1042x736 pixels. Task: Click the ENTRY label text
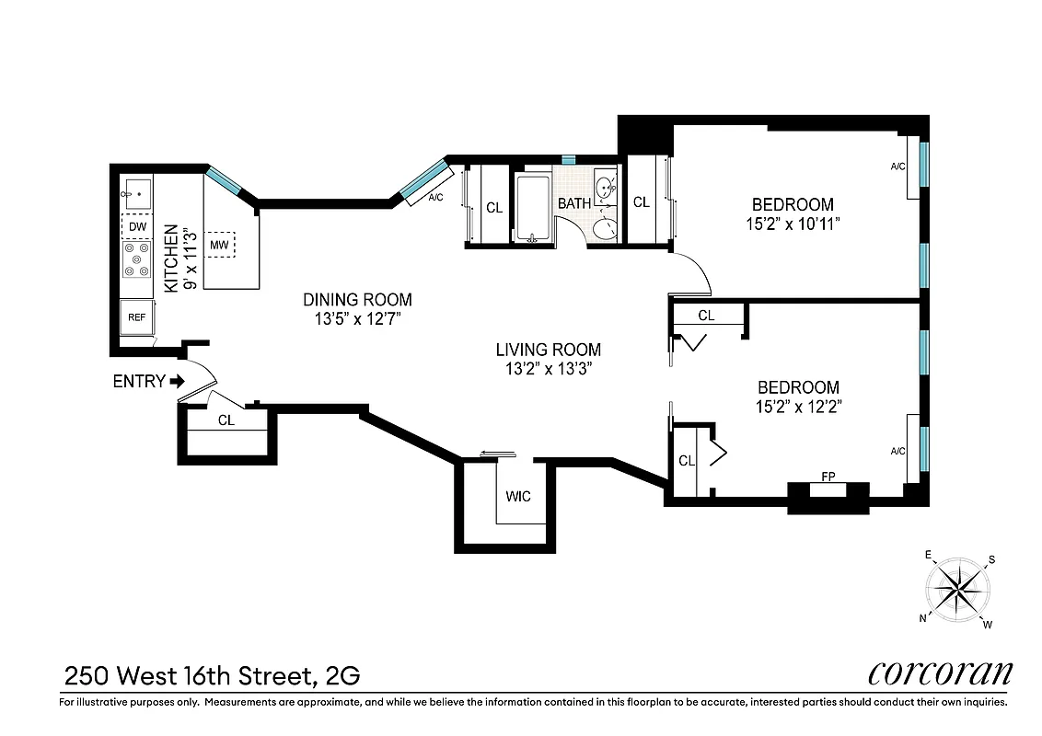pos(138,381)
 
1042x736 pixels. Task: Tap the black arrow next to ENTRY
pos(178,381)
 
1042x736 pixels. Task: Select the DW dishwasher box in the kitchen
pos(137,226)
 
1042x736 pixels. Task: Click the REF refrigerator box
pos(137,317)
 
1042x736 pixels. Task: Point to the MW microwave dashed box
pos(219,245)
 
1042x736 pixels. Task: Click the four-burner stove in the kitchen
pos(137,259)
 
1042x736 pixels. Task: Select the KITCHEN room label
pos(170,259)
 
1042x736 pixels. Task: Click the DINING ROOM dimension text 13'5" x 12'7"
pos(357,318)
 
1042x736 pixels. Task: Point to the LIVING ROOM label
pos(548,350)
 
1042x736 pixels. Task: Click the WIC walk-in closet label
pos(518,497)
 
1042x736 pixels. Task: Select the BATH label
pos(574,202)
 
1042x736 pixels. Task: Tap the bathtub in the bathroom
pos(532,208)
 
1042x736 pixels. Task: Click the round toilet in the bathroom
pos(605,227)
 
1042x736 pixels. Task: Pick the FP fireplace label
pos(828,477)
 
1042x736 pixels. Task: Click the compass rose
pos(958,588)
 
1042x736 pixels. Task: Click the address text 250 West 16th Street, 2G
pos(212,676)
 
